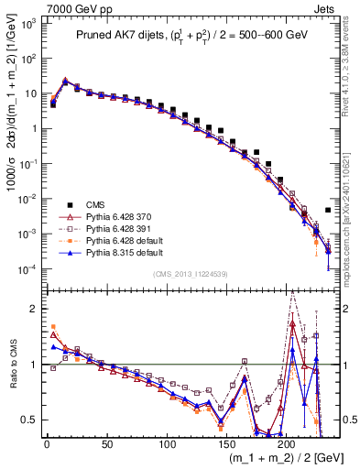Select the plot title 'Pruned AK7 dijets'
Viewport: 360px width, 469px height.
[x=129, y=36]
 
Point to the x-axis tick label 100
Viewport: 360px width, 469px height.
[x=167, y=444]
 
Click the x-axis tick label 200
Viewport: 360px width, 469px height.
[x=287, y=444]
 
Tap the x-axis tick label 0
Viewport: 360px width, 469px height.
[x=47, y=444]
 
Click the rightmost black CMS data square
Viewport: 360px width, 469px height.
[x=328, y=210]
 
